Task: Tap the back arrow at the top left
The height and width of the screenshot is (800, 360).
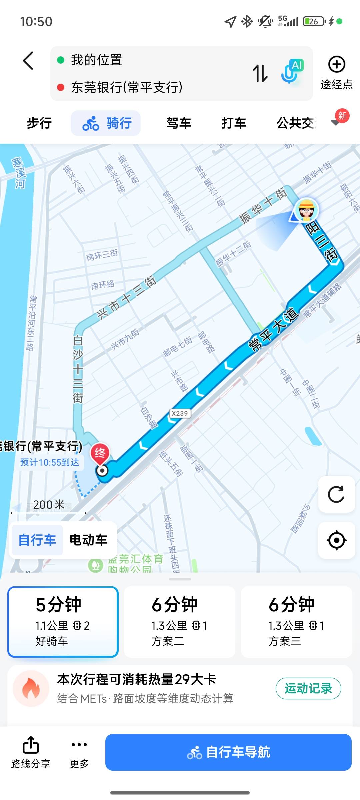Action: [28, 61]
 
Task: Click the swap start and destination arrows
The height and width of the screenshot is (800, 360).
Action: [260, 73]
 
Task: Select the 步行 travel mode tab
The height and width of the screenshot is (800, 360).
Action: [39, 123]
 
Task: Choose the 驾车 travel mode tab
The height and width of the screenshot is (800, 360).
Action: [179, 123]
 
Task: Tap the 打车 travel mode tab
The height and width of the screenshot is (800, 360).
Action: [234, 123]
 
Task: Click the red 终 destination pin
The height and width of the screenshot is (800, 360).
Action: [100, 453]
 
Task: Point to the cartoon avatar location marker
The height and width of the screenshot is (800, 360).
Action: [307, 210]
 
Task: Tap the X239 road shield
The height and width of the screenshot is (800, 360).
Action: [180, 413]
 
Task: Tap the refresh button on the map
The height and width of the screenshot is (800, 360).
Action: [336, 494]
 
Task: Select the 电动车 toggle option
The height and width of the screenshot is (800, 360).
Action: [88, 540]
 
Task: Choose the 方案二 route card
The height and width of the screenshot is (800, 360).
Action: [180, 622]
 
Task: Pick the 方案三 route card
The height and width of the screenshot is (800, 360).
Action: [296, 622]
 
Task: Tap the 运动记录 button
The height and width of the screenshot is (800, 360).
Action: [308, 688]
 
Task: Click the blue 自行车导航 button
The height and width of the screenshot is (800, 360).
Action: [228, 752]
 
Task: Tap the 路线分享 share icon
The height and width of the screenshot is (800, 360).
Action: [31, 745]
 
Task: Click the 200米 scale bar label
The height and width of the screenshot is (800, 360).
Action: [49, 505]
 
